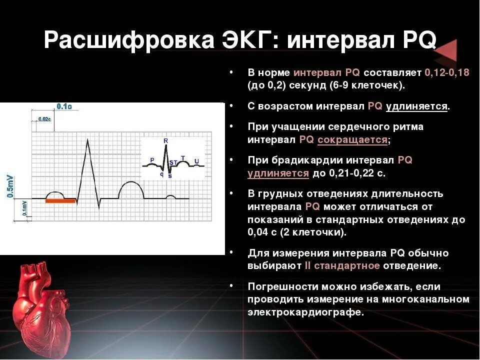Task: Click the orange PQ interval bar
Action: click(60, 201)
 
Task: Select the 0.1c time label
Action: click(64, 106)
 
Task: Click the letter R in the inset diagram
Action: click(165, 141)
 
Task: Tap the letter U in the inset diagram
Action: click(196, 161)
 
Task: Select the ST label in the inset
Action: click(173, 162)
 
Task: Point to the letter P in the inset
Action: click(152, 160)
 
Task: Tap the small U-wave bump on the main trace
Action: click(170, 196)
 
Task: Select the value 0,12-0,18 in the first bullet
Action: click(446, 72)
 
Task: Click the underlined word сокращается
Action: click(352, 140)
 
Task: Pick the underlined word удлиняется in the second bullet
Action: click(416, 106)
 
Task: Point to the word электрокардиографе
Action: click(305, 312)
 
